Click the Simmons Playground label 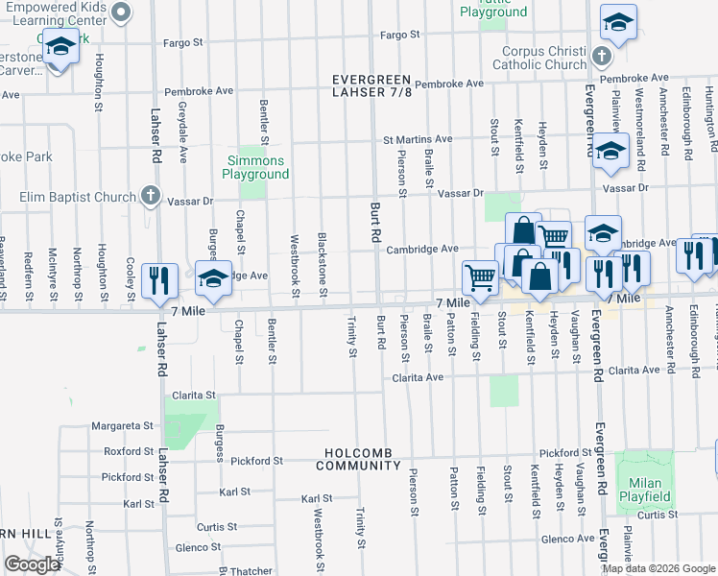click(255, 167)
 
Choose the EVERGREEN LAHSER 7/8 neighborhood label click(371, 85)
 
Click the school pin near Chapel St click(214, 277)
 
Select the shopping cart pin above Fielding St click(480, 276)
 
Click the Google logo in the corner click(32, 564)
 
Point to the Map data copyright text click(658, 568)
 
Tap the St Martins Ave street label click(418, 139)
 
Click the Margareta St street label click(122, 425)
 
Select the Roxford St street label click(129, 450)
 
